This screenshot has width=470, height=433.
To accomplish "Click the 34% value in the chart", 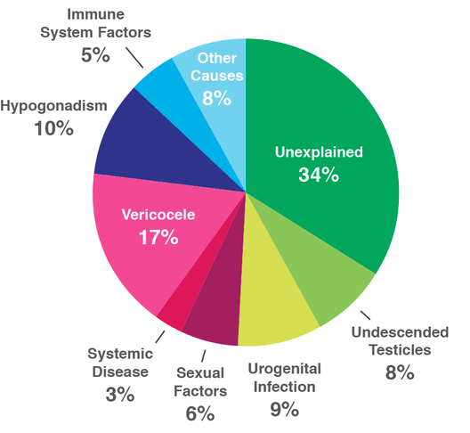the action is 319,175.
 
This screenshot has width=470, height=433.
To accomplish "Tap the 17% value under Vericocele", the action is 158,238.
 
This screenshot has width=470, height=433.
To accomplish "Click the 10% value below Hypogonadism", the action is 53,128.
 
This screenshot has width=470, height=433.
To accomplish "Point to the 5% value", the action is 95,55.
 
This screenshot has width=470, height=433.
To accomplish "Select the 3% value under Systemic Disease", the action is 120,395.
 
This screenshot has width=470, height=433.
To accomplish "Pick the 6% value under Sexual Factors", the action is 200,413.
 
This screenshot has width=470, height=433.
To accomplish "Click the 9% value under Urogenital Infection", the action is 285,409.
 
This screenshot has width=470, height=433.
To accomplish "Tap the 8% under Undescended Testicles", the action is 400,372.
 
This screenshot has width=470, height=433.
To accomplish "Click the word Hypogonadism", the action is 53,106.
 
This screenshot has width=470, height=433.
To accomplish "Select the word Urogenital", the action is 285,369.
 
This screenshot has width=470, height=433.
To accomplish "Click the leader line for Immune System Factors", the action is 134,57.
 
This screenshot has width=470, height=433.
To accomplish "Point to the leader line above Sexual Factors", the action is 204,355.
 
